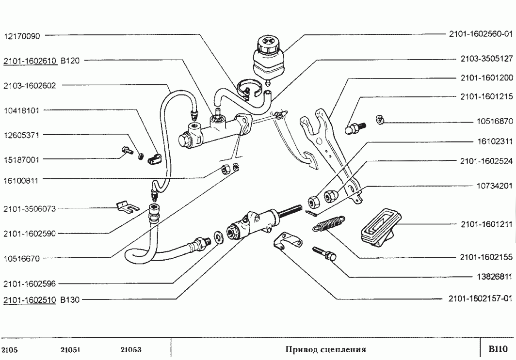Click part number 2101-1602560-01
(480, 35)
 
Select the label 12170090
(22, 35)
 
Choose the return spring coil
(329, 224)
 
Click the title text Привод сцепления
(325, 349)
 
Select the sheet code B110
(498, 349)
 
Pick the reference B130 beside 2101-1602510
(70, 299)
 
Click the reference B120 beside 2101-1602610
(70, 61)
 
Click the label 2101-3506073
(30, 209)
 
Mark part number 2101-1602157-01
(480, 298)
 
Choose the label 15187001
(22, 159)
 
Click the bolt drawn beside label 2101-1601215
(355, 128)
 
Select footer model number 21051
(70, 349)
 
